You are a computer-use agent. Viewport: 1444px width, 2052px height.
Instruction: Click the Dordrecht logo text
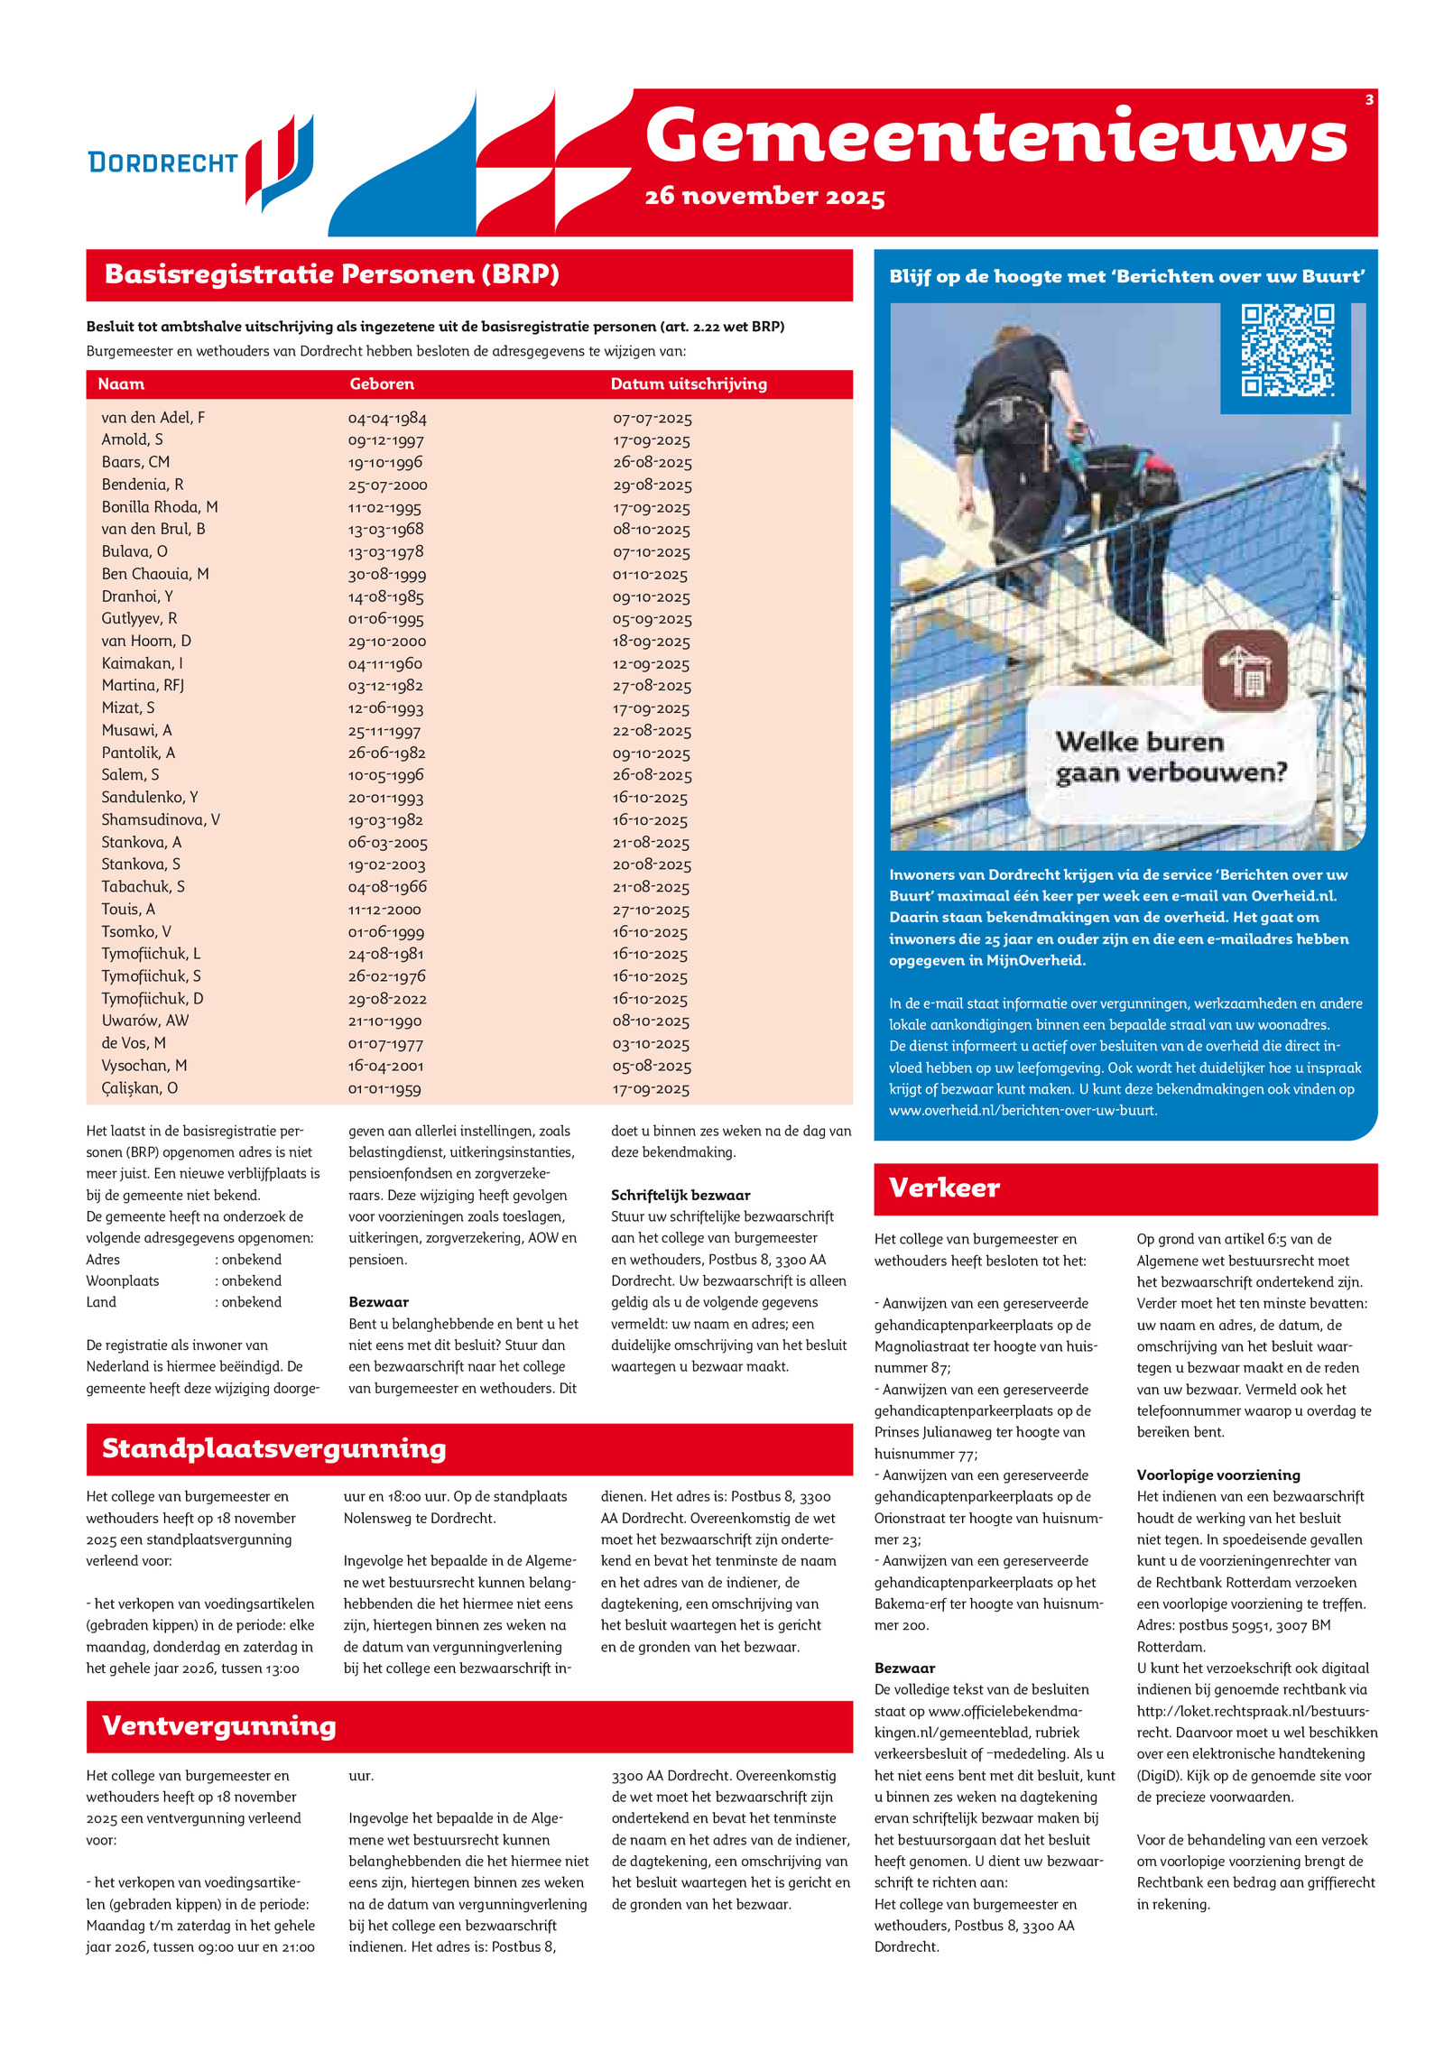tap(162, 162)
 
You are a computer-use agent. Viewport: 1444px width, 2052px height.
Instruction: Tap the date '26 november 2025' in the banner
tap(764, 196)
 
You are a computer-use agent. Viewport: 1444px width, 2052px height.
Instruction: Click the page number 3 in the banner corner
tap(1369, 100)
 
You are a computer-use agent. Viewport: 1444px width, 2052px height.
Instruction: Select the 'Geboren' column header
tap(382, 384)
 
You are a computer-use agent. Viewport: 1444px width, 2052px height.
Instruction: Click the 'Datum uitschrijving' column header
tap(689, 384)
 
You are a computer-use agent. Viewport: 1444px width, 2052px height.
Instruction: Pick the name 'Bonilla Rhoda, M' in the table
tap(160, 507)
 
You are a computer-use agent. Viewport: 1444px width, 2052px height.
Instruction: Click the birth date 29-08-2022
tap(387, 999)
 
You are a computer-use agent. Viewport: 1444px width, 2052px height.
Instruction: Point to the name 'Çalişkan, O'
tap(140, 1088)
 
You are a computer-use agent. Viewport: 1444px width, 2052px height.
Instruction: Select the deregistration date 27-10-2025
tap(651, 910)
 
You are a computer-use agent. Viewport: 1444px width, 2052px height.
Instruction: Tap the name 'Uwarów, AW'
tap(145, 1021)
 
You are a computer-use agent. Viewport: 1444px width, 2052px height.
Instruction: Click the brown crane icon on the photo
tap(1245, 670)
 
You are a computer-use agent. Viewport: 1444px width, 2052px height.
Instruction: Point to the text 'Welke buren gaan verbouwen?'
tap(1171, 757)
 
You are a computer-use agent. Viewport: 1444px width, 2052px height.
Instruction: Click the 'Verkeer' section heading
tap(944, 1188)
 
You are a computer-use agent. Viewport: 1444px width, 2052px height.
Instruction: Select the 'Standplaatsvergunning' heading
tap(274, 1448)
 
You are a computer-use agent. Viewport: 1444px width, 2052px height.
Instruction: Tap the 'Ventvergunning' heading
tap(219, 1725)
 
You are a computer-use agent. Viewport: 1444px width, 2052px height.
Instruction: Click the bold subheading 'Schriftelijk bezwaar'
tap(680, 1195)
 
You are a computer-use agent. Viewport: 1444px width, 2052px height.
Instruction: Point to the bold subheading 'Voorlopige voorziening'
tap(1218, 1474)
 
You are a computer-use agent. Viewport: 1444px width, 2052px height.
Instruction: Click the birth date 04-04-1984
tap(387, 419)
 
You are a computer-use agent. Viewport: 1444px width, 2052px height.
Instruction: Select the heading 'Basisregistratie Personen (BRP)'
tap(332, 274)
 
